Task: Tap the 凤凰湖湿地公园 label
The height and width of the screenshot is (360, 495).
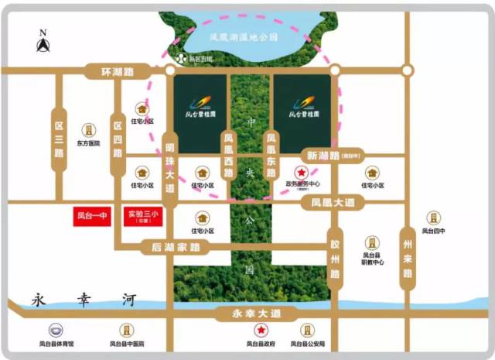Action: click(x=244, y=36)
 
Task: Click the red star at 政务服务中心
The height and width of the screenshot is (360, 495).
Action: click(x=301, y=174)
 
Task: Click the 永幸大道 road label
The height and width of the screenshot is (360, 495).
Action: click(x=248, y=313)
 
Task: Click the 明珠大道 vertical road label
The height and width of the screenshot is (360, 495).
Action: click(x=170, y=167)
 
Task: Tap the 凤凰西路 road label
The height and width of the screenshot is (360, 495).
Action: click(x=228, y=156)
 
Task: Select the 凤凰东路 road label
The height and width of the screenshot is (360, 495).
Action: click(x=271, y=156)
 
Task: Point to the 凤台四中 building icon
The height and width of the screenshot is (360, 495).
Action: click(x=433, y=218)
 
